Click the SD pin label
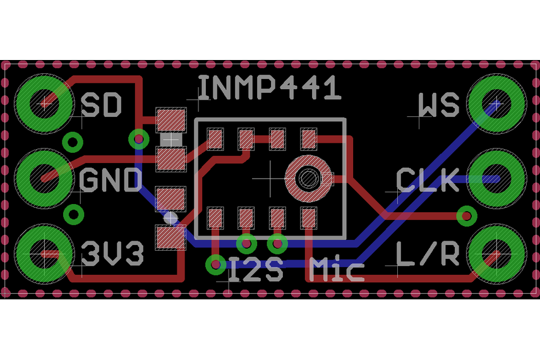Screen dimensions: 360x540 (101, 105)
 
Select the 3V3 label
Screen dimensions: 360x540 (112, 254)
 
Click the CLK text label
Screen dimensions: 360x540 (428, 181)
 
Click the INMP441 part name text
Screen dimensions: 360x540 (270, 88)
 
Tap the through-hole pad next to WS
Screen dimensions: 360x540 (496, 103)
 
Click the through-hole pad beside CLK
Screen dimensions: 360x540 (496, 178)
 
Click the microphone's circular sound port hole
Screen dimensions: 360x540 (308, 179)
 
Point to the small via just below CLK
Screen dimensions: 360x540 (467, 216)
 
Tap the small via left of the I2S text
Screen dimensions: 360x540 (216, 264)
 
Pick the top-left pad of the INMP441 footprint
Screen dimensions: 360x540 (215, 138)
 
